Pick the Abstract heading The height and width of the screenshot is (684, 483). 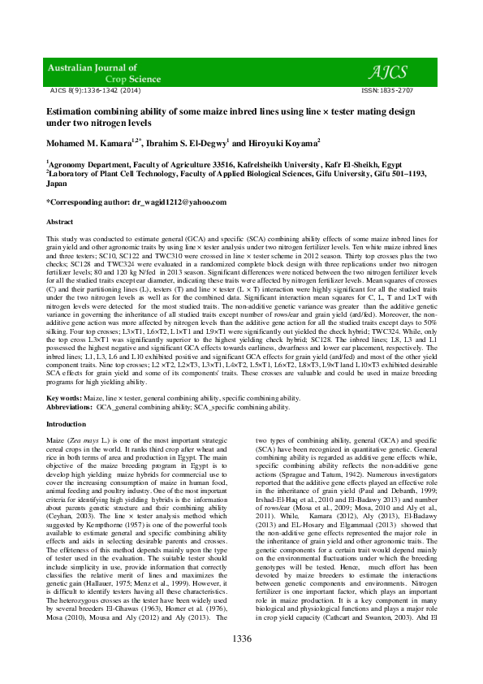tap(60, 222)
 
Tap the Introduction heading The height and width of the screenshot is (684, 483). tap(67, 424)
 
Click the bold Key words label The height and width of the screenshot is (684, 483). tap(63, 397)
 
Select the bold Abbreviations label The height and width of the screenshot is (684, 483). tap(68, 406)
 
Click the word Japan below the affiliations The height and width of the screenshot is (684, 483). tap(57, 184)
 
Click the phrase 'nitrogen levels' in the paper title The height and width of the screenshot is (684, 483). tap(110, 122)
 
